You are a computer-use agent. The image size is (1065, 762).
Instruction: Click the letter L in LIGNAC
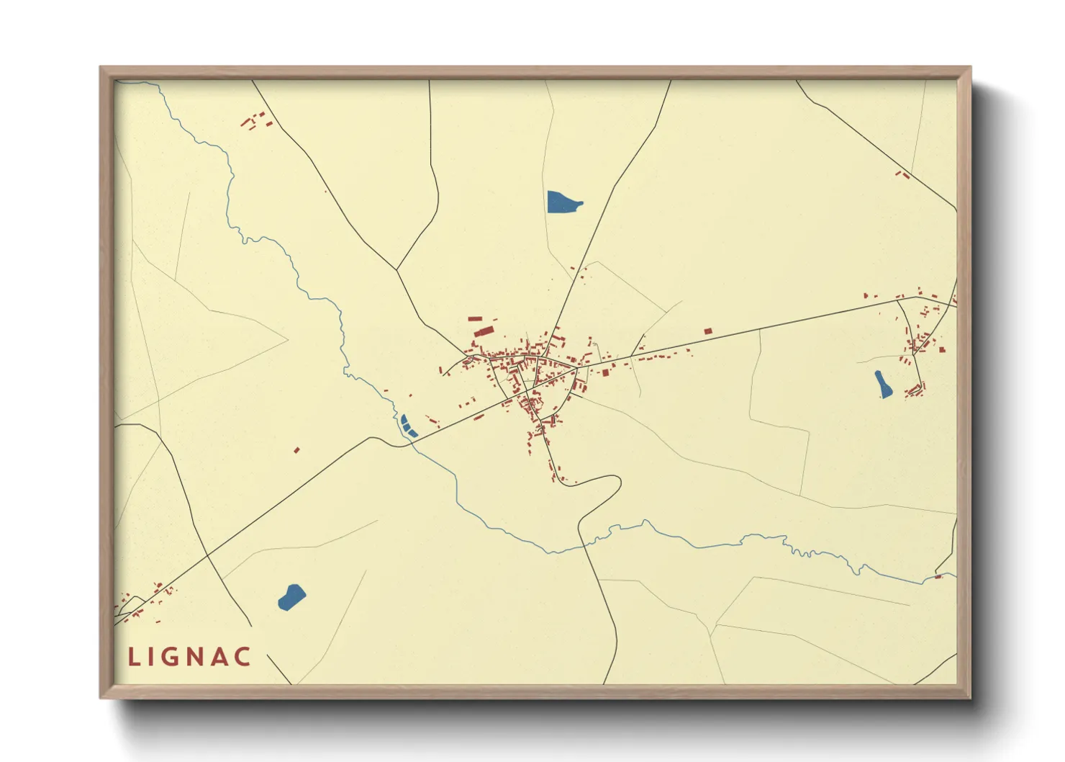(x=134, y=657)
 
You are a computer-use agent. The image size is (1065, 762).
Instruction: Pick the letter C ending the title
(x=243, y=657)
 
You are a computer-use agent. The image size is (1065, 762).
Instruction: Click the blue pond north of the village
(x=563, y=202)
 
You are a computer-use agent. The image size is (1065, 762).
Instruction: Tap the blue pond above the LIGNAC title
(x=291, y=597)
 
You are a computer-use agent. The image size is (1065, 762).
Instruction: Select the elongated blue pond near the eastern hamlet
(x=883, y=385)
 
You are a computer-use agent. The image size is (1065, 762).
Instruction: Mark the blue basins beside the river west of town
(x=408, y=426)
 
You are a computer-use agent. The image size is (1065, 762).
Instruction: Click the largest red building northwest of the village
(x=484, y=331)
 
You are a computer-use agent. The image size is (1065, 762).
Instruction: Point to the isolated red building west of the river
(x=296, y=450)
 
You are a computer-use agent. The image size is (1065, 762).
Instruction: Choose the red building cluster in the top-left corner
(x=255, y=120)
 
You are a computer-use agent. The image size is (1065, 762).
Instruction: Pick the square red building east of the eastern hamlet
(x=941, y=350)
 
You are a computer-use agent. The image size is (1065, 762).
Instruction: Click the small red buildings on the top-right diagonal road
(x=902, y=174)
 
